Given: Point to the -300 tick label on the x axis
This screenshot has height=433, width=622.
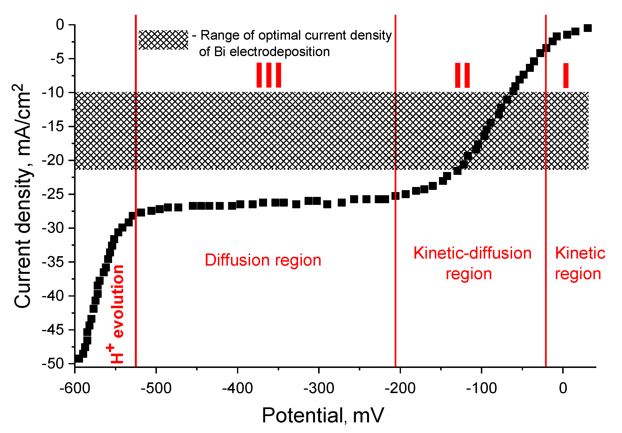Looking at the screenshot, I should pyautogui.click(x=319, y=388).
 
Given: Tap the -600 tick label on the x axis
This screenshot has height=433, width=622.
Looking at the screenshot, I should pyautogui.click(x=75, y=388).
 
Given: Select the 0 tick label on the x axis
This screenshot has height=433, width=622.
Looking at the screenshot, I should pyautogui.click(x=563, y=388).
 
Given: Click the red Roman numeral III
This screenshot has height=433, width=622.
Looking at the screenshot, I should pyautogui.click(x=269, y=75).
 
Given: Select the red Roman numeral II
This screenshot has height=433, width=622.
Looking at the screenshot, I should pyautogui.click(x=462, y=75).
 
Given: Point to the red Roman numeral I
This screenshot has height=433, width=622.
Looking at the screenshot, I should pyautogui.click(x=566, y=75).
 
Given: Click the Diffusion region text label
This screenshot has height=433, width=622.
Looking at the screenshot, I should pyautogui.click(x=263, y=260).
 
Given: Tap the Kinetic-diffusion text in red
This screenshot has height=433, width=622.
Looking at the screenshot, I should pyautogui.click(x=472, y=253).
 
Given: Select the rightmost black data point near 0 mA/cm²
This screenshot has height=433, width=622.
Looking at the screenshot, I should pyautogui.click(x=587, y=28).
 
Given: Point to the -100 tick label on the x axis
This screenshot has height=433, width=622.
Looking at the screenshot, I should pyautogui.click(x=481, y=388).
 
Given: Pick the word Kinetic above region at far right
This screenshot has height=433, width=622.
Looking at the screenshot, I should pyautogui.click(x=580, y=253).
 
